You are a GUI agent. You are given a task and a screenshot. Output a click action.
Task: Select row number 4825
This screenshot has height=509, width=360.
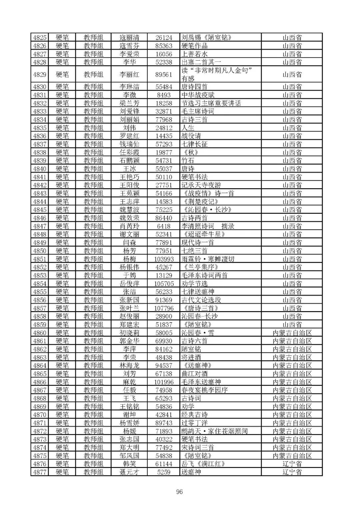coord(40,37)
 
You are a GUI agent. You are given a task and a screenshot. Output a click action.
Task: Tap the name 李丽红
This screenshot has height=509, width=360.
coord(129,74)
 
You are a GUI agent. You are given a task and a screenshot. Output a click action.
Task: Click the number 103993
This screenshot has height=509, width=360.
coord(164,259)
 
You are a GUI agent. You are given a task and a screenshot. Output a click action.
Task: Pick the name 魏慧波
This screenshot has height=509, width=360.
coord(129,210)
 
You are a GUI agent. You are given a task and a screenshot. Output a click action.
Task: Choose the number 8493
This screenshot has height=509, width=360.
coord(164,95)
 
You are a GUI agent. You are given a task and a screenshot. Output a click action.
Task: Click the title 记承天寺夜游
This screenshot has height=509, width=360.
coord(201,185)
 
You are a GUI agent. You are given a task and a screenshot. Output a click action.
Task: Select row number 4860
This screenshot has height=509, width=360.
coord(40,332)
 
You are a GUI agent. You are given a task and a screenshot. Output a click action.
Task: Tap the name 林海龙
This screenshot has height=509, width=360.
coord(129,365)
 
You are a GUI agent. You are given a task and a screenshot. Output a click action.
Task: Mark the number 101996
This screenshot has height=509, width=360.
coord(164,382)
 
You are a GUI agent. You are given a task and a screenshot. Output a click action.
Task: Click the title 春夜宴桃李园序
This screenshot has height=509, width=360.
coord(204,390)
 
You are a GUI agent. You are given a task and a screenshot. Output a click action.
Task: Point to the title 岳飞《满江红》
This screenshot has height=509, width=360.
coord(203,464)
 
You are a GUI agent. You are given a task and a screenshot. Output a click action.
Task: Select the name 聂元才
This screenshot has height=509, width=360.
coord(129,472)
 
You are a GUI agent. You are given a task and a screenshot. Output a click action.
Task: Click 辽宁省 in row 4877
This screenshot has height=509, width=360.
coord(292,472)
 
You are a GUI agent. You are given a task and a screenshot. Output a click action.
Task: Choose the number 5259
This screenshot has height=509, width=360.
coord(164,472)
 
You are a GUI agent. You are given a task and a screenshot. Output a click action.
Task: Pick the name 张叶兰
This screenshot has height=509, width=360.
coord(129,308)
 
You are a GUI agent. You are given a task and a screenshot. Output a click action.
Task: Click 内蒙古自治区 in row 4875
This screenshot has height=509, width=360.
coord(292,456)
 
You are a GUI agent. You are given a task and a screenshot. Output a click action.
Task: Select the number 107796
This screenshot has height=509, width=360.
coord(164,308)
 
